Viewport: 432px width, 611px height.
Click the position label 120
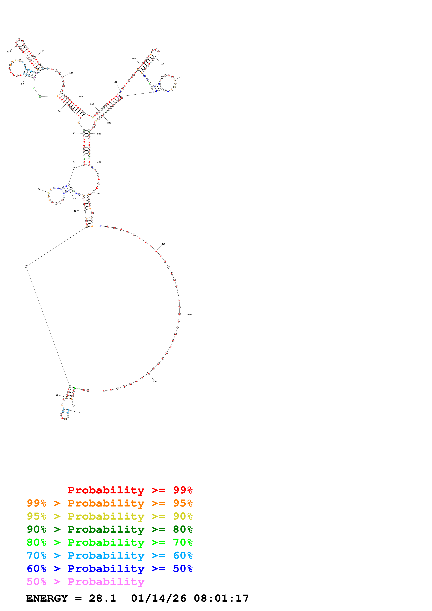click(9, 52)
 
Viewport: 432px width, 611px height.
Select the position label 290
click(190, 315)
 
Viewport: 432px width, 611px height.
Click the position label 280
click(163, 244)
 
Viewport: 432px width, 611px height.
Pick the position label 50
click(39, 190)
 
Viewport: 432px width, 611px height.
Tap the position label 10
click(79, 413)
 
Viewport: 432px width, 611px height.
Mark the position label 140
click(71, 73)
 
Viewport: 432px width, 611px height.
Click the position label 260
click(98, 194)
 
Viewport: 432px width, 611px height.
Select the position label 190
click(162, 64)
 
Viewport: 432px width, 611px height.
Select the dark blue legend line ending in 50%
click(109, 569)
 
